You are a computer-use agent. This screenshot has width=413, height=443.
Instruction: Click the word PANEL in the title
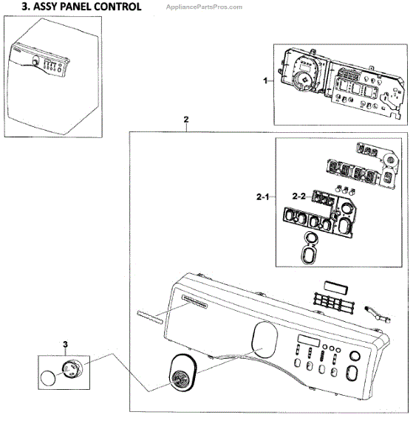pyautogui.click(x=77, y=7)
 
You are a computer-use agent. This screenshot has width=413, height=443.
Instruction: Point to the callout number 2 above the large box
pyautogui.click(x=185, y=119)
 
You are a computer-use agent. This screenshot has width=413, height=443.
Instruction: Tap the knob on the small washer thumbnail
pyautogui.click(x=34, y=64)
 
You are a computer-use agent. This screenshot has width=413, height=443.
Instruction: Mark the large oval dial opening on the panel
pyautogui.click(x=262, y=338)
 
